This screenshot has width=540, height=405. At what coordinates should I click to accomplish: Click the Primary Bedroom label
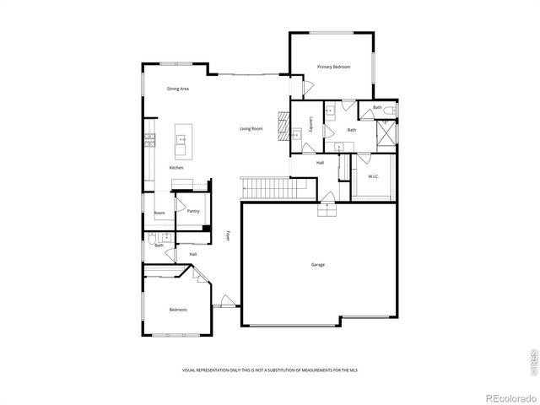(x=333, y=67)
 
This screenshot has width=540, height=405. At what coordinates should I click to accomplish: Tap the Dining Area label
(x=177, y=89)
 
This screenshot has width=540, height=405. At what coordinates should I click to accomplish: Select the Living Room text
(x=251, y=128)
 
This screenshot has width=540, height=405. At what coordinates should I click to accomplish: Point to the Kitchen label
(x=176, y=168)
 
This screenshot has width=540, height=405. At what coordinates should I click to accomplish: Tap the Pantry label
(x=193, y=211)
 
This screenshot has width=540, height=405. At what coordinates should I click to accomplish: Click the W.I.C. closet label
(x=374, y=175)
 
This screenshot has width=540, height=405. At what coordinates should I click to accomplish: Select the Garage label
(x=318, y=265)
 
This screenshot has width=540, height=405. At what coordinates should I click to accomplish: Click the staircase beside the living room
(x=266, y=187)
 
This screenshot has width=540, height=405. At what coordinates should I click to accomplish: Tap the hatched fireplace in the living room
(x=284, y=118)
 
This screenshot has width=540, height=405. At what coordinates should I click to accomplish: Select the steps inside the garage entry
(x=325, y=209)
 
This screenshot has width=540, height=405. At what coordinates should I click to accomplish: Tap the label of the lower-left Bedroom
(x=178, y=310)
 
